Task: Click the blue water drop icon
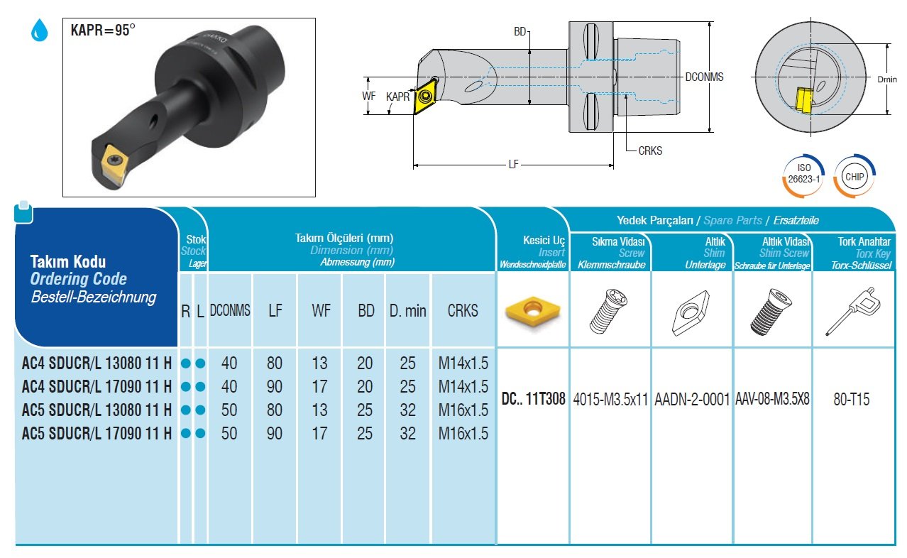(x=40, y=30)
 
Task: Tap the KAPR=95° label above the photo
(x=102, y=31)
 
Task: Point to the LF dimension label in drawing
(x=513, y=165)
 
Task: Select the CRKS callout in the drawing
(x=650, y=151)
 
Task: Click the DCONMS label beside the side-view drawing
(x=704, y=77)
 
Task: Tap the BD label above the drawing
(x=520, y=33)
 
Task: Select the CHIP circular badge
(x=854, y=175)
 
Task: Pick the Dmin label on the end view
(x=887, y=80)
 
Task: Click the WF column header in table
(x=321, y=310)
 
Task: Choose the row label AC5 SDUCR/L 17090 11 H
(x=97, y=433)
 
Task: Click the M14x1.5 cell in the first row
(x=463, y=363)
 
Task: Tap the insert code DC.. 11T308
(x=533, y=399)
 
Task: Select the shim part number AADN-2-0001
(x=691, y=399)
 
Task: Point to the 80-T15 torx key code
(x=852, y=399)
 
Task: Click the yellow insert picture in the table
(x=531, y=310)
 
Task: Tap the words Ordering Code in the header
(x=78, y=279)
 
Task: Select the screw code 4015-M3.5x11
(x=610, y=399)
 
